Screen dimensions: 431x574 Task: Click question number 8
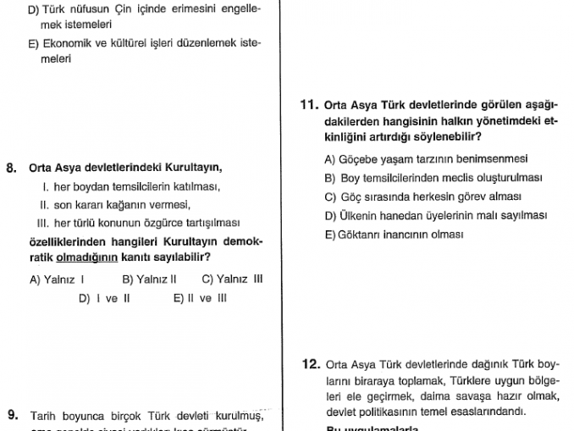(x=12, y=168)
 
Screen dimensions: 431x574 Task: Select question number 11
(x=309, y=106)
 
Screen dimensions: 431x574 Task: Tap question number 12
(x=311, y=365)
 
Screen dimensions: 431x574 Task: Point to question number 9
(x=12, y=416)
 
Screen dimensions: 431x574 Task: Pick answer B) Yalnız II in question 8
(x=149, y=279)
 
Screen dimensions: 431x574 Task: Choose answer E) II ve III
(x=200, y=298)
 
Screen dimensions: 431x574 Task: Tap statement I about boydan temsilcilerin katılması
(x=131, y=186)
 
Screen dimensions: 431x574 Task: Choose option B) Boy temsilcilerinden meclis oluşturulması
(x=433, y=178)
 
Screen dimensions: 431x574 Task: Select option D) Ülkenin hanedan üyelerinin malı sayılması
(x=435, y=215)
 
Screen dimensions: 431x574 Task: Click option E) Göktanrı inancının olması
(x=394, y=235)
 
